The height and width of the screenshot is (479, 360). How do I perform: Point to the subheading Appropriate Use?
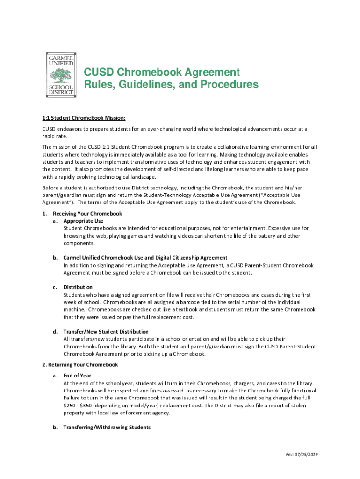(x=83, y=221)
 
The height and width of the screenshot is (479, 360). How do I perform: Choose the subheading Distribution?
(x=78, y=287)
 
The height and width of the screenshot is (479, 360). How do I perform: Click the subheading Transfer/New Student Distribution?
(x=106, y=332)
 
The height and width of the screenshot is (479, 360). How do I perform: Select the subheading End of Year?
(x=77, y=376)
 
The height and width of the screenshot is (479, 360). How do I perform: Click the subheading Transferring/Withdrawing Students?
(x=107, y=427)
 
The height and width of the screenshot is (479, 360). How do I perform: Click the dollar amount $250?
(x=69, y=406)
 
